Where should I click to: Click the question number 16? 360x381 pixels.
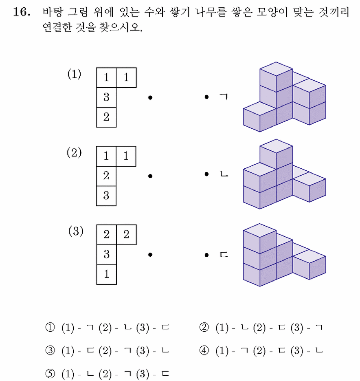tap(22, 12)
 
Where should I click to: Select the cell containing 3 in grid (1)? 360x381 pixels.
tap(106, 97)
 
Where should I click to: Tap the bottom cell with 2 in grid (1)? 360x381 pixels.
tap(106, 117)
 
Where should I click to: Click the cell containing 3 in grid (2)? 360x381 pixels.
tap(106, 196)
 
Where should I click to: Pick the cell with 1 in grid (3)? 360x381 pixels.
tap(107, 274)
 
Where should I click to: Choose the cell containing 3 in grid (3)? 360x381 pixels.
tap(107, 254)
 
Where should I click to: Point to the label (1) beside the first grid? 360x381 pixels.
tap(75, 74)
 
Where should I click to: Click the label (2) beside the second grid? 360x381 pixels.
tap(74, 152)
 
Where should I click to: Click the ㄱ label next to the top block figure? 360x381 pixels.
tap(224, 97)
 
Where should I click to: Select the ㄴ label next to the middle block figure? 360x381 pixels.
tap(224, 174)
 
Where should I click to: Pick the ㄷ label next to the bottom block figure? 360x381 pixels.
tap(224, 255)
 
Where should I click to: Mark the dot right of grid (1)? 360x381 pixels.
tap(150, 98)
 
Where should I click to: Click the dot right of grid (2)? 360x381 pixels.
tap(150, 176)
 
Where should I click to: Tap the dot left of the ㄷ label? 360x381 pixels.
tap(207, 255)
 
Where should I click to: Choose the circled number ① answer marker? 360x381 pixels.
tap(50, 327)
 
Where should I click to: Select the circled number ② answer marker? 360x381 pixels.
tap(204, 327)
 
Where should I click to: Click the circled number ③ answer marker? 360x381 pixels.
tap(50, 350)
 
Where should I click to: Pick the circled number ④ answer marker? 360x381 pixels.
tap(204, 350)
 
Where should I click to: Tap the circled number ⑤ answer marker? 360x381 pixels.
tap(50, 374)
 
